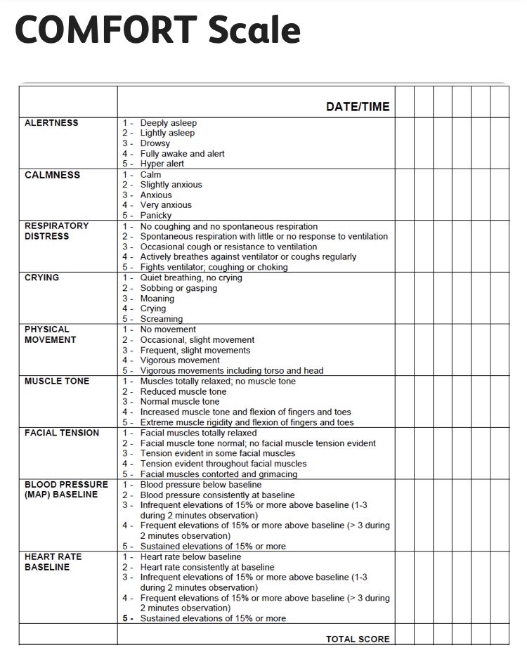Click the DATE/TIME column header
[x=357, y=107]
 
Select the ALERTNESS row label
[x=51, y=123]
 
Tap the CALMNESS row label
[x=52, y=175]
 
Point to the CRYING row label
[x=41, y=278]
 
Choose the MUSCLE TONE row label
[x=57, y=381]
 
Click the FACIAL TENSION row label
[x=62, y=433]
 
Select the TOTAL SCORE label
[x=357, y=639]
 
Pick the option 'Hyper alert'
[x=162, y=164]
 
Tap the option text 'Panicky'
[x=156, y=216]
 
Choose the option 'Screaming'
[x=162, y=319]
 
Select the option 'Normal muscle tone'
[x=180, y=402]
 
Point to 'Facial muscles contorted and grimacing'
[x=219, y=474]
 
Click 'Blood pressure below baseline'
[x=200, y=485]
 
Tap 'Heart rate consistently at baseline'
[x=207, y=567]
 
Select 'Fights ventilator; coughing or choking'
[x=214, y=267]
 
